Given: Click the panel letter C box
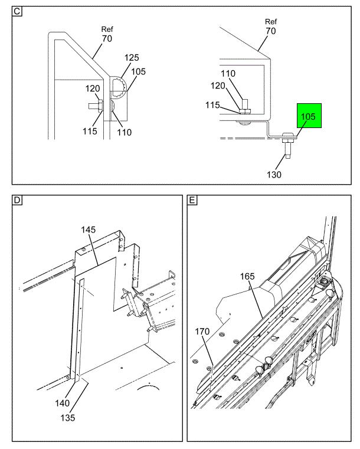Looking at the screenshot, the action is click(x=17, y=11).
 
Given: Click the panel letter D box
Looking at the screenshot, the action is click(x=17, y=200).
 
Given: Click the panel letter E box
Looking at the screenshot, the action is click(x=192, y=200).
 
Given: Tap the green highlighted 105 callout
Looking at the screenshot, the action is click(x=309, y=116).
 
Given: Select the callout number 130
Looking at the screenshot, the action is click(x=274, y=175).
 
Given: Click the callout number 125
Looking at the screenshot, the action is click(x=132, y=58).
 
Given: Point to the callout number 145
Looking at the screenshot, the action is click(x=88, y=230).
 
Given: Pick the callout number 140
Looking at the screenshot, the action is click(x=63, y=403).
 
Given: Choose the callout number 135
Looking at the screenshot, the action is click(x=68, y=418).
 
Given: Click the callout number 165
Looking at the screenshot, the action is click(x=247, y=276).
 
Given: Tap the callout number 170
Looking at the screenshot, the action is click(x=202, y=332).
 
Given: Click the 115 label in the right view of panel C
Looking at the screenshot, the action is click(x=212, y=105).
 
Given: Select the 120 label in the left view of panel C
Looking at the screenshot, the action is click(x=93, y=89).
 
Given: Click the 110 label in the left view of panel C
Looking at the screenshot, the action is click(x=125, y=132).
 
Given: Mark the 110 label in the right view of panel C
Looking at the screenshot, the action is click(x=228, y=74).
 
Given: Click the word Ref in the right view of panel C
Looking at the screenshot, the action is click(x=271, y=21).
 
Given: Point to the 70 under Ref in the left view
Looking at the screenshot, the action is click(x=107, y=38).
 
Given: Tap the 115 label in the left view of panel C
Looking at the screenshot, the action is click(x=90, y=131).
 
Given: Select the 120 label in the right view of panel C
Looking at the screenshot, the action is click(x=218, y=86).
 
